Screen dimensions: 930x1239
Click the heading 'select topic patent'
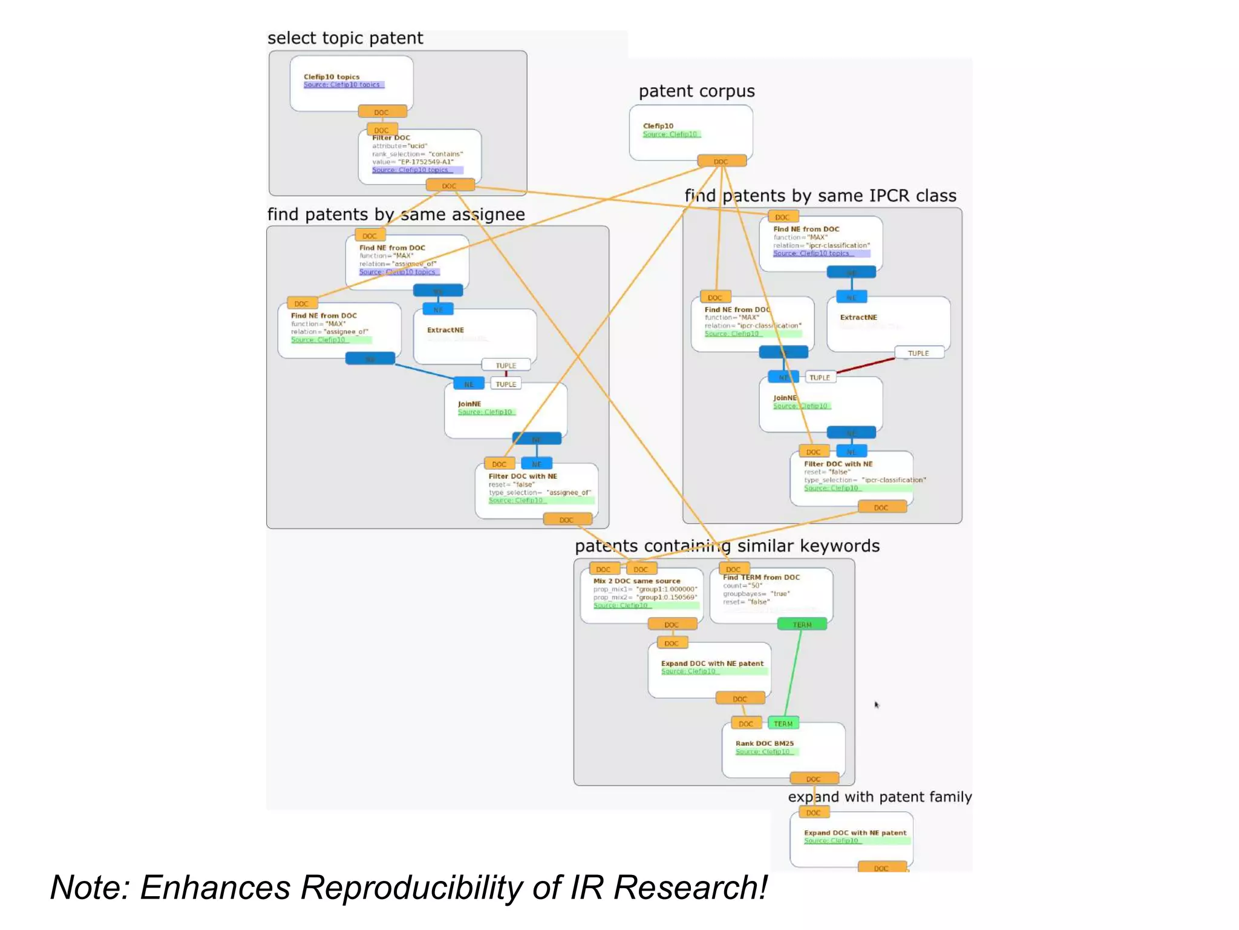tap(345, 38)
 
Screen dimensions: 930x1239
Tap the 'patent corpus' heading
tap(696, 91)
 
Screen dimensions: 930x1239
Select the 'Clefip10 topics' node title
tap(331, 77)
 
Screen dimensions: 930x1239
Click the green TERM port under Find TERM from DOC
tap(802, 624)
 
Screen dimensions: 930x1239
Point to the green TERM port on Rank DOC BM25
tap(783, 724)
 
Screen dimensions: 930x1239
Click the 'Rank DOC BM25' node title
tap(764, 743)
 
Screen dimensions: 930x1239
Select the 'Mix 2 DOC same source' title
tap(636, 581)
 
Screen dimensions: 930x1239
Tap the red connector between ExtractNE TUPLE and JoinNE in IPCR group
tap(865, 366)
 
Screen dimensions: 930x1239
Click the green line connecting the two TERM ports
tap(793, 673)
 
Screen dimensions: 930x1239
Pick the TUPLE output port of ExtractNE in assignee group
tap(506, 365)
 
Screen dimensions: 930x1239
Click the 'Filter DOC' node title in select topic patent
tap(391, 138)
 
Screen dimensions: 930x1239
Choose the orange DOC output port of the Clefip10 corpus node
tap(721, 161)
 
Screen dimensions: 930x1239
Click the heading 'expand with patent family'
tap(880, 797)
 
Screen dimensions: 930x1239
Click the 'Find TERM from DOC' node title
tap(761, 578)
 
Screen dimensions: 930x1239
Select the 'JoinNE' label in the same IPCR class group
tap(785, 398)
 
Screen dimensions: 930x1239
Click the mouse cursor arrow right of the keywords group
tap(876, 704)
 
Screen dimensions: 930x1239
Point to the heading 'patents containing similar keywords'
tap(727, 546)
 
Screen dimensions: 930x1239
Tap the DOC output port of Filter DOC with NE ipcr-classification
tap(881, 507)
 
